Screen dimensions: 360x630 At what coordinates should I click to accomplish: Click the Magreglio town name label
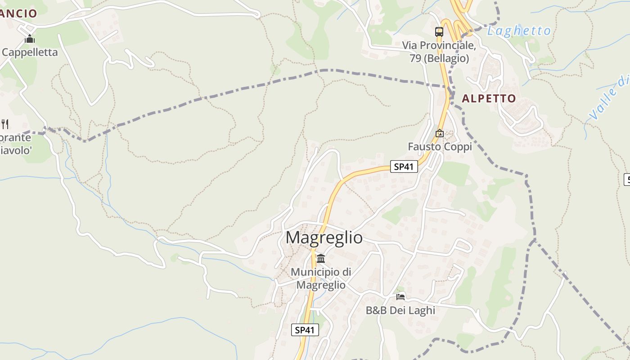[324, 238]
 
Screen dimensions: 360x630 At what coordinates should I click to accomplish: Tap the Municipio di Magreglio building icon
[321, 259]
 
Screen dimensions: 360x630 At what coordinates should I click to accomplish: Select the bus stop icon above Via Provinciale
[439, 32]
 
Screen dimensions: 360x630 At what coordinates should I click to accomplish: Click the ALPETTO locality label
[489, 99]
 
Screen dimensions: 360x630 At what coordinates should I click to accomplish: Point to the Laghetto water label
[519, 31]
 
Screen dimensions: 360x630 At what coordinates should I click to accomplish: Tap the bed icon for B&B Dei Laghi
[400, 297]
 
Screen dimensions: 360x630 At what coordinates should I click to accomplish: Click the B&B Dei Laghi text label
[400, 310]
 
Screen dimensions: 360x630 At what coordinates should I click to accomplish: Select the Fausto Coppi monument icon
[439, 133]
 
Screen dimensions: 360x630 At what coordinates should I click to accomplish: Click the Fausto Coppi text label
[440, 147]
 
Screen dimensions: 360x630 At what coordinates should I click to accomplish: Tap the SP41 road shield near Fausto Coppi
[404, 166]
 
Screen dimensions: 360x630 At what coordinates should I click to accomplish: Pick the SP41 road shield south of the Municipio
[305, 330]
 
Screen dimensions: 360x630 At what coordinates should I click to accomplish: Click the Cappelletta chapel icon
[30, 39]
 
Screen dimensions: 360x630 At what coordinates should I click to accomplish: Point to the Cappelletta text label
[30, 52]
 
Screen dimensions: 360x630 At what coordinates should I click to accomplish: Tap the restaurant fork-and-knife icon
[4, 124]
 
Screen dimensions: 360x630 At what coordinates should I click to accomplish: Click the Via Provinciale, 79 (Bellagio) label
[439, 52]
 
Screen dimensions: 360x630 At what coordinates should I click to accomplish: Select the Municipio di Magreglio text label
[321, 279]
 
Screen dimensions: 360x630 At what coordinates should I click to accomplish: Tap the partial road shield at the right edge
[627, 179]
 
